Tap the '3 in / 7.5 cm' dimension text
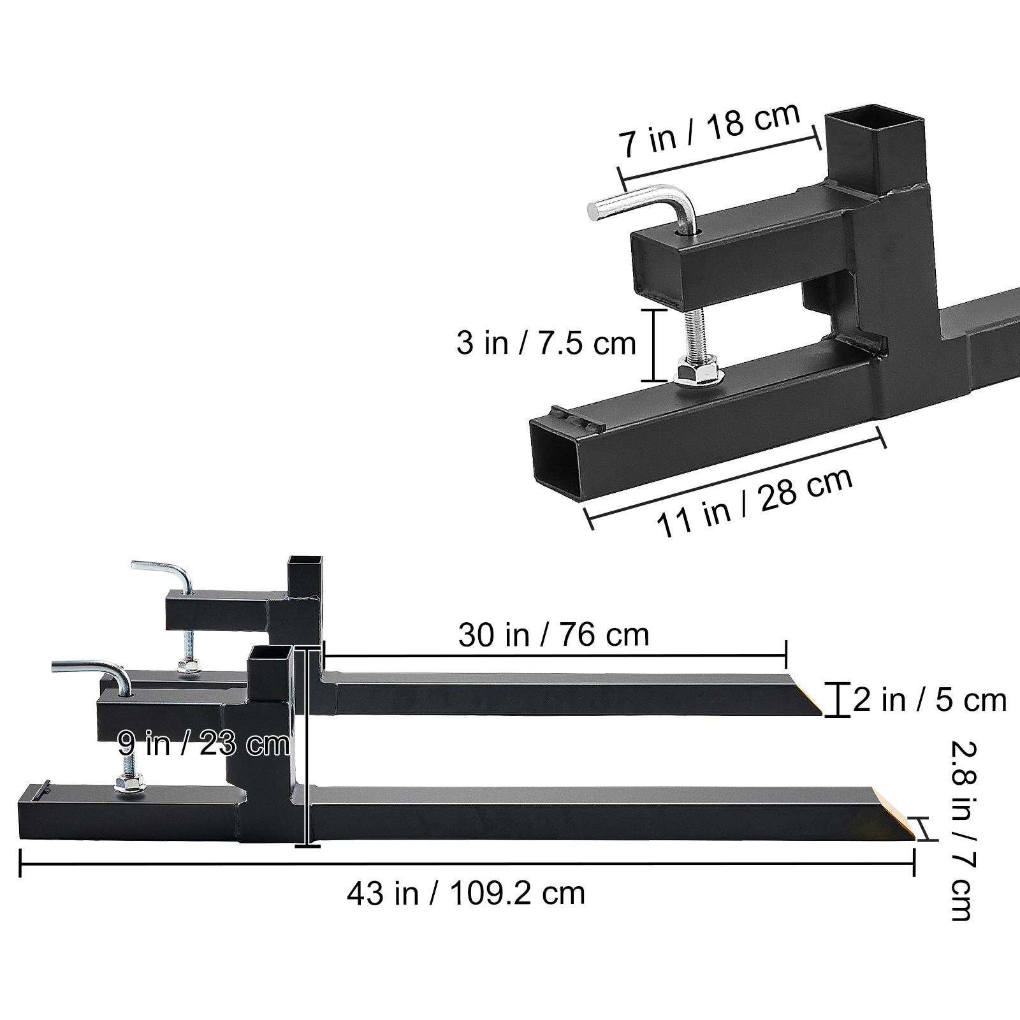pyautogui.click(x=546, y=343)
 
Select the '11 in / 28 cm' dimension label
pyautogui.click(x=755, y=503)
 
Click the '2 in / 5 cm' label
pyautogui.click(x=930, y=700)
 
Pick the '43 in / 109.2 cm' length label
pyautogui.click(x=466, y=893)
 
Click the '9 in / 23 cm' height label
pyautogui.click(x=203, y=743)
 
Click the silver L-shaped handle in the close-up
pyautogui.click(x=644, y=210)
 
